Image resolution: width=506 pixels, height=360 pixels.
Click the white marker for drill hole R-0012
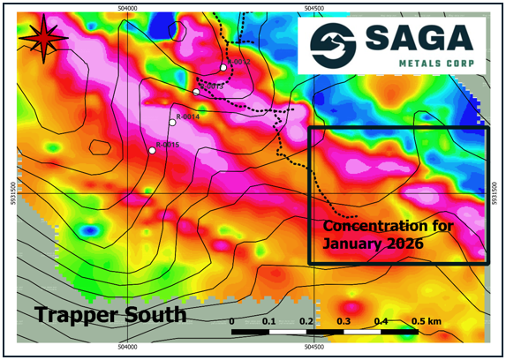click(x=223, y=67)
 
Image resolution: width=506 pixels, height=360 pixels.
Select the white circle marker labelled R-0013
click(x=196, y=92)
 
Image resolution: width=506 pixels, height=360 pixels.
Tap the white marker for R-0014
click(x=173, y=123)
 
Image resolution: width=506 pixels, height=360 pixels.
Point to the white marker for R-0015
click(x=152, y=151)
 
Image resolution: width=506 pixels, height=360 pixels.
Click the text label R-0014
click(x=188, y=116)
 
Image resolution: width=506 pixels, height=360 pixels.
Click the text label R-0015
click(x=168, y=145)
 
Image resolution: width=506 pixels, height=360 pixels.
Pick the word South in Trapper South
click(x=156, y=314)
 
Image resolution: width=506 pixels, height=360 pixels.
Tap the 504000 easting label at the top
click(x=127, y=8)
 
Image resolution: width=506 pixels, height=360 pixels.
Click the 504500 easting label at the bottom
click(x=316, y=348)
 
